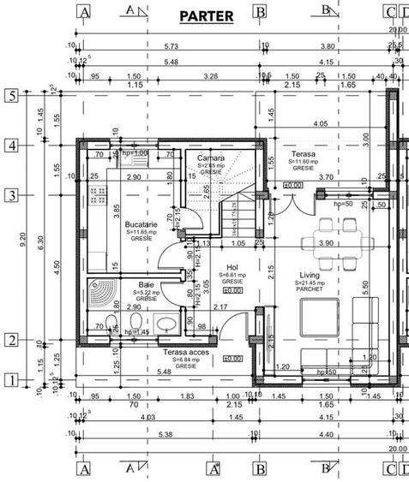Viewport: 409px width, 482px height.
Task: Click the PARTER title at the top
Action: [x=206, y=16]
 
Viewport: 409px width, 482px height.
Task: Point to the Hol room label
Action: [x=232, y=267]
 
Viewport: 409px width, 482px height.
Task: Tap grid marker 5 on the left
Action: [x=11, y=96]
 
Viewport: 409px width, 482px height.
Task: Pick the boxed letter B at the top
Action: [x=259, y=11]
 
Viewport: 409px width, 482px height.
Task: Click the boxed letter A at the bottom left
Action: [x=84, y=469]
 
